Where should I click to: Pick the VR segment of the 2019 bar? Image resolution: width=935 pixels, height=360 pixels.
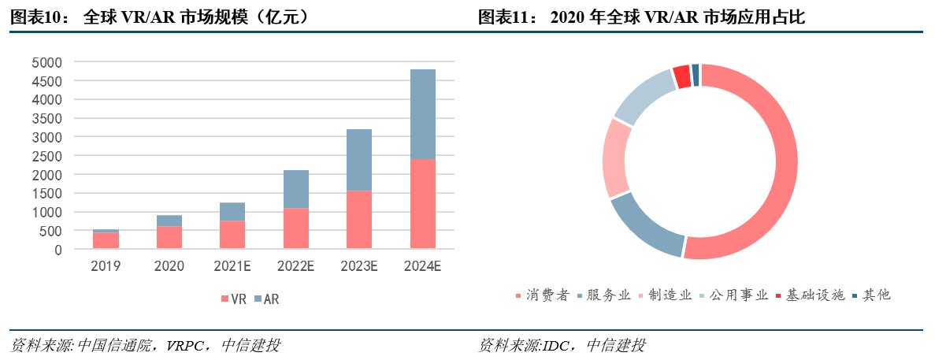click(x=106, y=240)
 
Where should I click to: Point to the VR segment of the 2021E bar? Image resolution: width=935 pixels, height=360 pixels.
click(x=232, y=235)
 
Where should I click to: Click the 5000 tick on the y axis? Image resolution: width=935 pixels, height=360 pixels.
click(x=46, y=62)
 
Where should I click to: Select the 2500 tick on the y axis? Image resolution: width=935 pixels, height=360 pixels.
click(x=46, y=156)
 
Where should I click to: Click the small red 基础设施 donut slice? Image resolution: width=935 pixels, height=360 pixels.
click(x=681, y=76)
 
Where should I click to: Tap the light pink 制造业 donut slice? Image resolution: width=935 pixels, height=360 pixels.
click(x=615, y=158)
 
